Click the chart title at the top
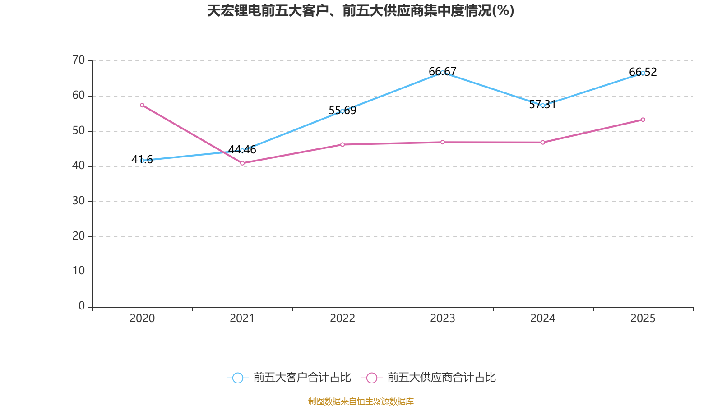(361, 10)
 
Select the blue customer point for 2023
(443, 72)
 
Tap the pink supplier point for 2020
(142, 105)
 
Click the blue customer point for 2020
(142, 161)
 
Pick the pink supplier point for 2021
(242, 163)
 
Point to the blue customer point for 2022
(342, 111)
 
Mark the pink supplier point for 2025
(643, 120)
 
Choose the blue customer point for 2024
(543, 105)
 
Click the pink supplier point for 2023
(443, 142)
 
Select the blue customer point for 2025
(643, 73)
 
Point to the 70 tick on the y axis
(79, 60)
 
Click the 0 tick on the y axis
(82, 306)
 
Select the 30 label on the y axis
(79, 201)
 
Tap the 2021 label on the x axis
(242, 318)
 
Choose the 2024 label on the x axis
(543, 318)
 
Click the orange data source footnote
(361, 401)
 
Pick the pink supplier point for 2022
(342, 144)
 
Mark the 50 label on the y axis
(79, 130)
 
